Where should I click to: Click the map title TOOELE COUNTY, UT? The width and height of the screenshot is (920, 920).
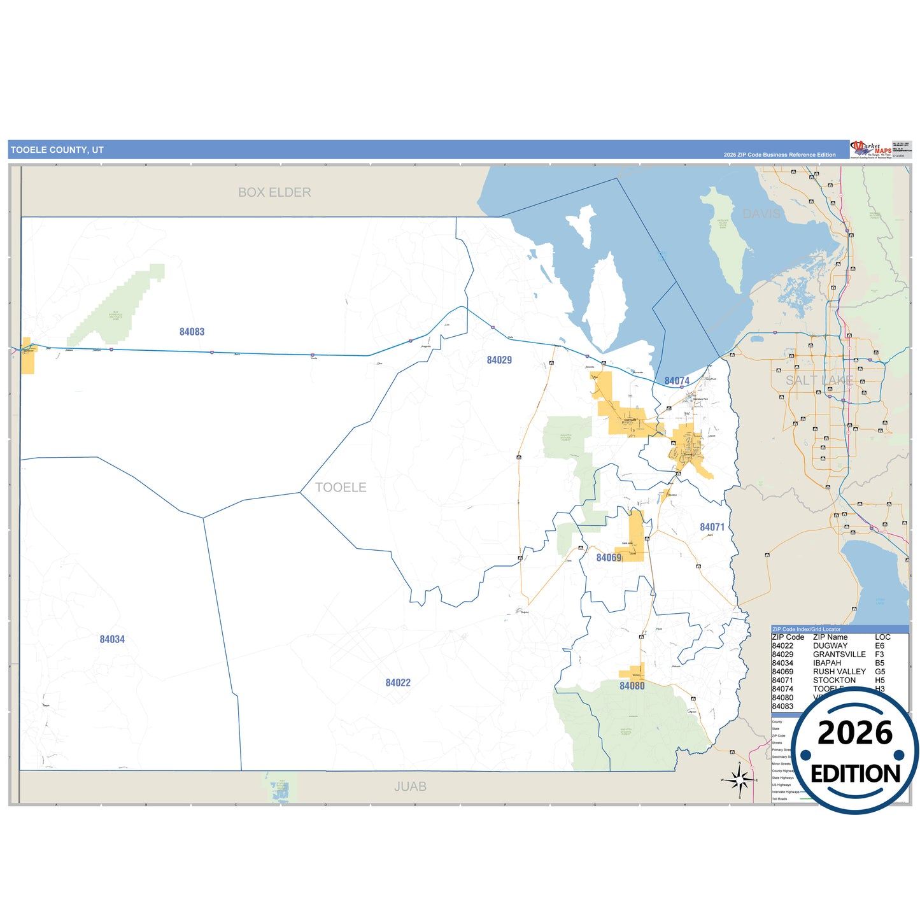click(57, 150)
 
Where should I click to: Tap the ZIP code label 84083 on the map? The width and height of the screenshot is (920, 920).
click(192, 332)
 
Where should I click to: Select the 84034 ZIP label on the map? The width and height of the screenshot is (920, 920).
click(112, 639)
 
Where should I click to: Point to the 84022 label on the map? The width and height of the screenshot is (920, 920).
click(398, 683)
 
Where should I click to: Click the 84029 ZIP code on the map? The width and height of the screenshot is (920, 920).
click(499, 360)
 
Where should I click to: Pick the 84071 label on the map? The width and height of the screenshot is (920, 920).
click(712, 527)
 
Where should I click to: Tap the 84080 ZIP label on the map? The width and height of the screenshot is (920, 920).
click(632, 686)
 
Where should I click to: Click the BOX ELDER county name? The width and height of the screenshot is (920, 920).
click(274, 192)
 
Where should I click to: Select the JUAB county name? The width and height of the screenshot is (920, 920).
click(410, 787)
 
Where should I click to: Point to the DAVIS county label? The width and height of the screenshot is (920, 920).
click(761, 214)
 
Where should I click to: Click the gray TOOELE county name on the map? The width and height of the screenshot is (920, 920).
click(341, 488)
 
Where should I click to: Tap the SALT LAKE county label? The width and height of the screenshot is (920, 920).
click(819, 381)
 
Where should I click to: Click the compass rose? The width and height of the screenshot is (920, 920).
click(739, 779)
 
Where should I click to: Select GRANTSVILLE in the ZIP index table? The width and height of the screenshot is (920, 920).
click(839, 655)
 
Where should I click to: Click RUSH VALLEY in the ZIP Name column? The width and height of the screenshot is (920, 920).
click(839, 672)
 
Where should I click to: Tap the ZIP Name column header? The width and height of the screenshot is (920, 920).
click(830, 637)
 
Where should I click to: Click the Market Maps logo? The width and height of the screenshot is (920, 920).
click(871, 150)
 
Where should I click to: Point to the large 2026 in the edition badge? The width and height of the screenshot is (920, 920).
click(855, 733)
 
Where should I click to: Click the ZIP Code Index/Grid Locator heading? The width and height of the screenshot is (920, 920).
click(806, 629)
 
